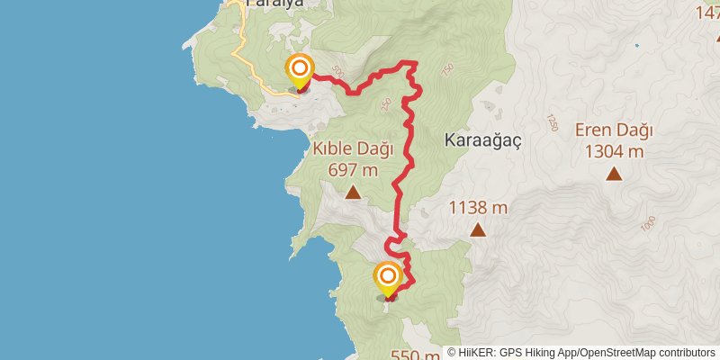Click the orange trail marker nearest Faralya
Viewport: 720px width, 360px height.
coord(299,69)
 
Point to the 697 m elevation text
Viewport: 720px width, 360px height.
coord(353,168)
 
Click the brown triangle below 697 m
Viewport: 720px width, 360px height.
coord(353,192)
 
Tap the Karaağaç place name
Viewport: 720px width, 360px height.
coord(483,140)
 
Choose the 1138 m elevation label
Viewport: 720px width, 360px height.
coord(478,208)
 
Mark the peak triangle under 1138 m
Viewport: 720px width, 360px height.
coord(478,230)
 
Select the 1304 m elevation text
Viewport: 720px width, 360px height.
coord(614,151)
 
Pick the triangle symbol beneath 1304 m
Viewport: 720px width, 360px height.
coord(614,174)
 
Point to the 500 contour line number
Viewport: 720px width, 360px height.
coord(337,69)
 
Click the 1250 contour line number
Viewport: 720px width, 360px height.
coord(552,121)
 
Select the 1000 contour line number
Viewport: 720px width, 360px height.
coord(649,229)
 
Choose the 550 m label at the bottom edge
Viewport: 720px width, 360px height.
coord(415,355)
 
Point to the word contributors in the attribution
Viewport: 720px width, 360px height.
coord(685,354)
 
